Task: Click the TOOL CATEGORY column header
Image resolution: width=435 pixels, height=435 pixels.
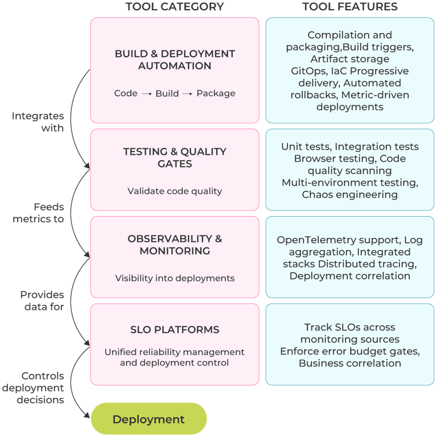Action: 174,7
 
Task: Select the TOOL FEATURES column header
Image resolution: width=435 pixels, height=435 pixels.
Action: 349,7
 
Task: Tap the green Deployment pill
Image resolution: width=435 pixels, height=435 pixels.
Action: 149,419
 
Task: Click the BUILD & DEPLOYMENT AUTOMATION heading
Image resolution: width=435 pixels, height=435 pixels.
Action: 175,59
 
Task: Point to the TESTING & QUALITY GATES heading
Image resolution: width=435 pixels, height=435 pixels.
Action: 175,158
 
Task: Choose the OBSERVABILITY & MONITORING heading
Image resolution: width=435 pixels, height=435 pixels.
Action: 175,245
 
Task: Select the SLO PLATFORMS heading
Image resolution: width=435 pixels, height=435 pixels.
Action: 175,330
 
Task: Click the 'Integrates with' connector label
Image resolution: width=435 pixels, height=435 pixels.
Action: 39,122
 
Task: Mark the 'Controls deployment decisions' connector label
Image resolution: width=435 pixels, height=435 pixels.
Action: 34,388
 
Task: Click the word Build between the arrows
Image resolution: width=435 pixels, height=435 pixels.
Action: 167,94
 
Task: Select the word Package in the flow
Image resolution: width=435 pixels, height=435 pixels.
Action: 216,94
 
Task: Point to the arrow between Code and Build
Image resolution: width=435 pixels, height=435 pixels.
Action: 146,94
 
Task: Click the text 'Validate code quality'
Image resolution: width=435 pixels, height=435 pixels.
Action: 175,191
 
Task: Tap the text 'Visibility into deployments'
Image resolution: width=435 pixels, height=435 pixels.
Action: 175,278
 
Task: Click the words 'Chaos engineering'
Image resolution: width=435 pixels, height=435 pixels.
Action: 350,195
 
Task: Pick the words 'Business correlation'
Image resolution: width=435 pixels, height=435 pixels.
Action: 350,363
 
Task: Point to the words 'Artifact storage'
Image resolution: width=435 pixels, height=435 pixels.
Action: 350,59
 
